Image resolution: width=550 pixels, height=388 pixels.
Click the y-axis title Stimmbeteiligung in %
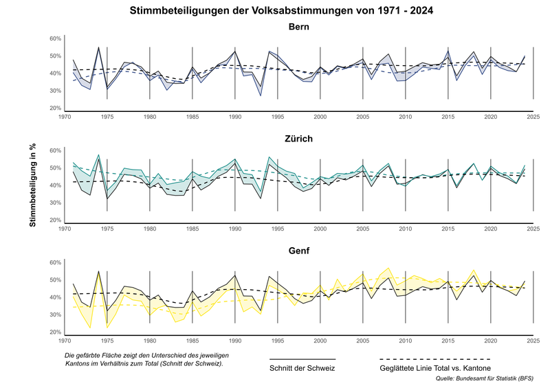click(x=32, y=185)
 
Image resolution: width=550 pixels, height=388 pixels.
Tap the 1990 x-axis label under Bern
click(x=235, y=118)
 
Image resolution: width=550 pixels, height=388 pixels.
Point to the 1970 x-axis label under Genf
click(x=65, y=342)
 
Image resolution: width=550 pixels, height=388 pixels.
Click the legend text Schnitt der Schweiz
click(x=302, y=368)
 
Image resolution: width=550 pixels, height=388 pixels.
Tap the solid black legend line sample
click(x=302, y=359)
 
